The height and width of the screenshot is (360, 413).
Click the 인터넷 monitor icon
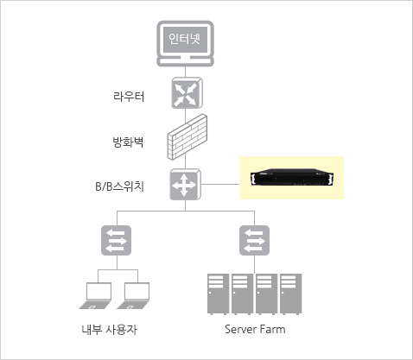pyautogui.click(x=185, y=43)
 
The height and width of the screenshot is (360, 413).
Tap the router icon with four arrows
pyautogui.click(x=187, y=92)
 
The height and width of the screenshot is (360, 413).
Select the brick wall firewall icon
pyautogui.click(x=187, y=137)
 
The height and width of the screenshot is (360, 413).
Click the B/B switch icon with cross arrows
pyautogui.click(x=185, y=184)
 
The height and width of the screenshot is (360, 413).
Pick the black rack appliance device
pyautogui.click(x=292, y=178)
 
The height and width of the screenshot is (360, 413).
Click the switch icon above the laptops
pyautogui.click(x=116, y=240)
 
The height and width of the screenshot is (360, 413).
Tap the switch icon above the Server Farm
pyautogui.click(x=254, y=240)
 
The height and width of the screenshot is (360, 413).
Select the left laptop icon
pyautogui.click(x=96, y=296)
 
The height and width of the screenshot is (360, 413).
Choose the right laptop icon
pyautogui.click(x=134, y=296)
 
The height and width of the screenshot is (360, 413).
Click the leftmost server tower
pyautogui.click(x=219, y=294)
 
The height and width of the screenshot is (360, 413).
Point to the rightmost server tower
pyautogui.click(x=291, y=294)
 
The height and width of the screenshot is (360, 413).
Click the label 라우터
pyautogui.click(x=129, y=97)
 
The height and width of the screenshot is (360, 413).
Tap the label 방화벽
pyautogui.click(x=128, y=142)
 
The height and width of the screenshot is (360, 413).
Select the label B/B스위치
pyautogui.click(x=119, y=186)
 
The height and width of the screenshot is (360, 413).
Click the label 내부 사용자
pyautogui.click(x=109, y=329)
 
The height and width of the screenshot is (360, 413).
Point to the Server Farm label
pyautogui.click(x=255, y=329)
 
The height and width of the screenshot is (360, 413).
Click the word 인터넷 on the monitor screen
pyautogui.click(x=184, y=39)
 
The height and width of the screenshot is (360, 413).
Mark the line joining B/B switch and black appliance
pyautogui.click(x=220, y=184)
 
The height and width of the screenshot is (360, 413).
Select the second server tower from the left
pyautogui.click(x=243, y=294)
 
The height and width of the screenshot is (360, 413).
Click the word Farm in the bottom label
pyautogui.click(x=272, y=329)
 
